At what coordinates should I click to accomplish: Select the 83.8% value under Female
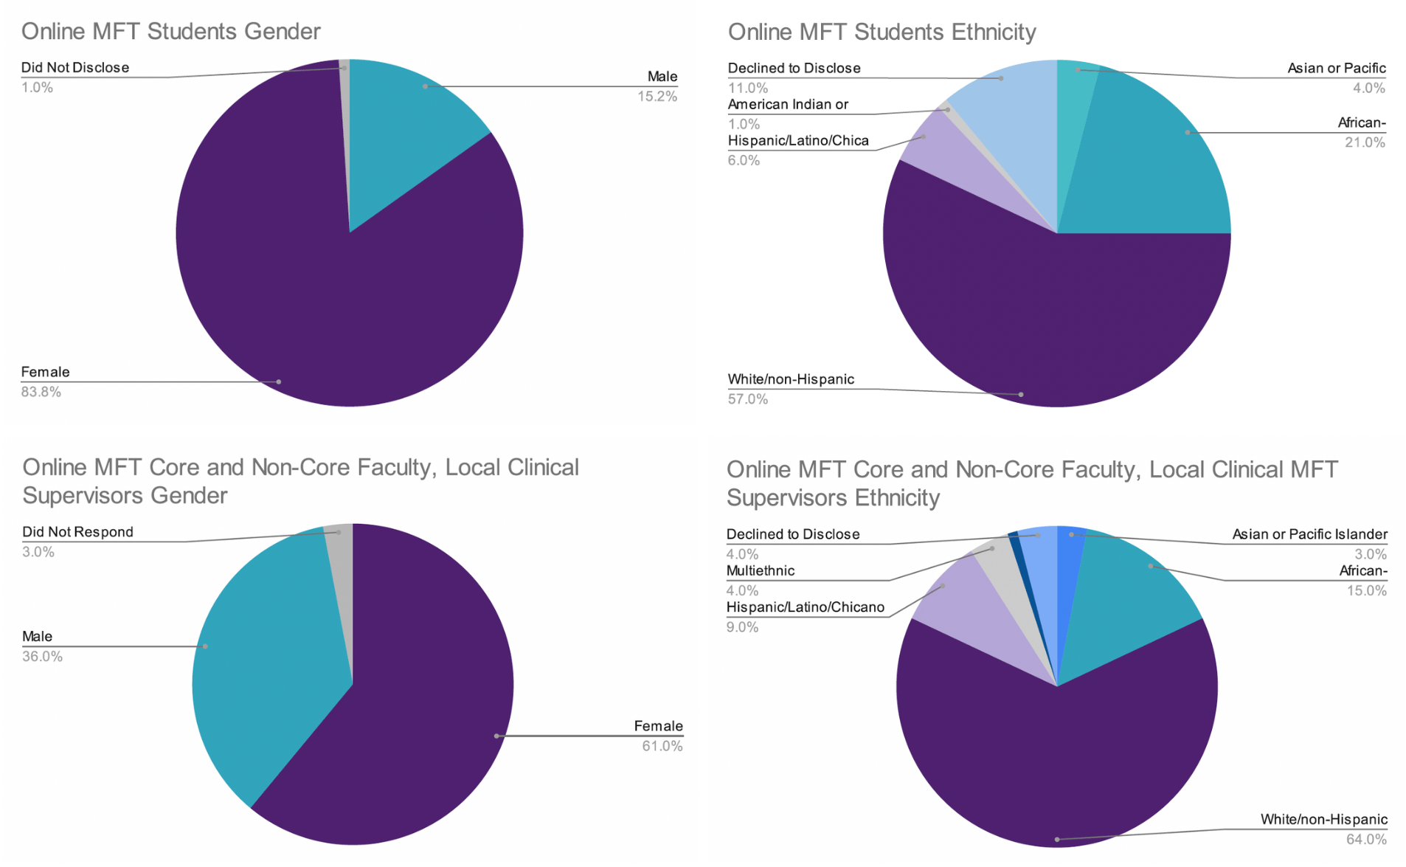[x=41, y=392]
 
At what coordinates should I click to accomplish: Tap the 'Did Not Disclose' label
[x=75, y=67]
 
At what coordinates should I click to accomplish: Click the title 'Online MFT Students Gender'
[x=170, y=31]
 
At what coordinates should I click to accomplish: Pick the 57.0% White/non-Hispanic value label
[x=747, y=399]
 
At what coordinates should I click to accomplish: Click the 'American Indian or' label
[x=787, y=104]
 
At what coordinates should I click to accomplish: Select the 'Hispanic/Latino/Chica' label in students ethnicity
[x=797, y=140]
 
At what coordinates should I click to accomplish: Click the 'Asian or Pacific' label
[x=1336, y=68]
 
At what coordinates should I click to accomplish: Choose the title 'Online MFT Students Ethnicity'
[x=882, y=32]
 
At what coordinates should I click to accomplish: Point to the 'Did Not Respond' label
[x=77, y=531]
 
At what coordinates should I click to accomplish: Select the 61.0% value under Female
[x=662, y=746]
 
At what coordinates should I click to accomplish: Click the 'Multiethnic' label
[x=760, y=570]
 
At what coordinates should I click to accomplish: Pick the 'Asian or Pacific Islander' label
[x=1309, y=533]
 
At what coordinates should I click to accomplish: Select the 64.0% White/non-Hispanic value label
[x=1366, y=839]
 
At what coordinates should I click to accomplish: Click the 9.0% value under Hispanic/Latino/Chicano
[x=742, y=627]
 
